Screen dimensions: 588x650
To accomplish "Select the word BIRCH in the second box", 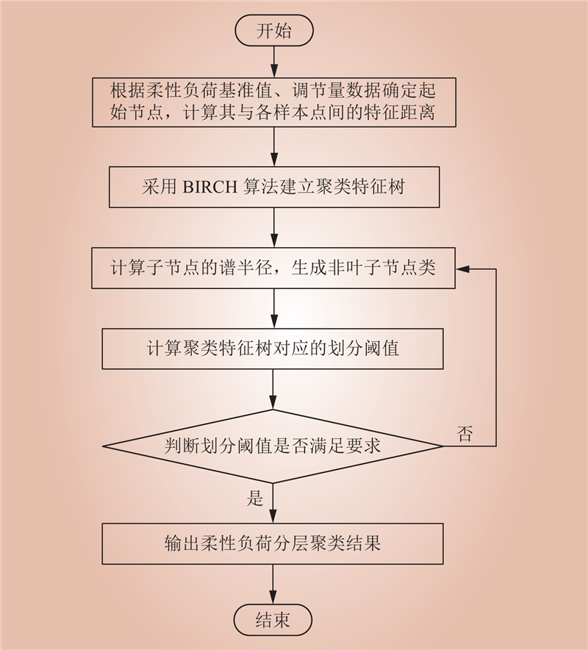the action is [x=209, y=187].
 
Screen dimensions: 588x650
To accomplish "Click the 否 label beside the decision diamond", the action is [x=465, y=434].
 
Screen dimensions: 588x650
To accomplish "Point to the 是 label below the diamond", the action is [x=255, y=498].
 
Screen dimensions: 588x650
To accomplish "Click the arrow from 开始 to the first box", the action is [x=274, y=62].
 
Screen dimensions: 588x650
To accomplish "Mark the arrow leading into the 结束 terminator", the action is [x=273, y=584].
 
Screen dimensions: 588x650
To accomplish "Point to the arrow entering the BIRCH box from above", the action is [x=274, y=147].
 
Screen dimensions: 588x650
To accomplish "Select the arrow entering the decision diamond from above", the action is [x=273, y=389].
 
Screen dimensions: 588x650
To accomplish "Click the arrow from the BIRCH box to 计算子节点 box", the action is [x=274, y=228].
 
